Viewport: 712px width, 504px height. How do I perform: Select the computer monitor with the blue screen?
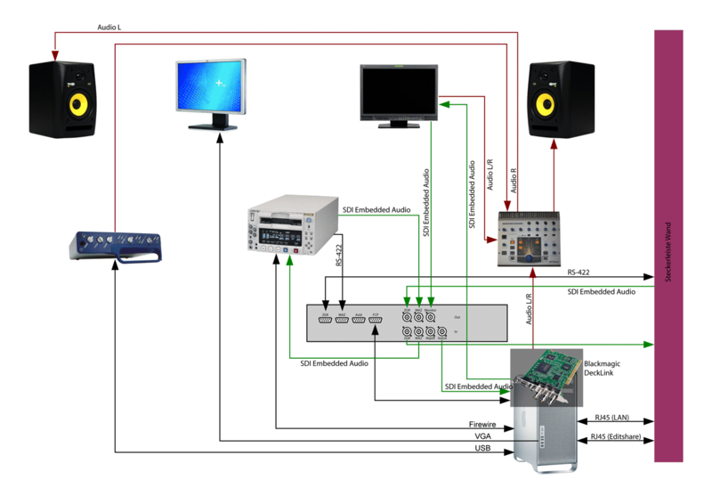point(209,85)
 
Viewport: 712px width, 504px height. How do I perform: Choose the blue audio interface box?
point(117,247)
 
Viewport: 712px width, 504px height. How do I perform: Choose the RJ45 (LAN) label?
point(613,417)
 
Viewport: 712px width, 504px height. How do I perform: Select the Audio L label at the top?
point(109,28)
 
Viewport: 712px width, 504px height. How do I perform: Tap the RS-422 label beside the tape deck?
point(339,253)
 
